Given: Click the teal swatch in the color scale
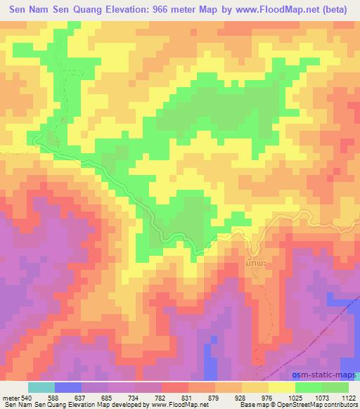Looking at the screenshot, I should point(41,387).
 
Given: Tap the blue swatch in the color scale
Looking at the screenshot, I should point(67,387).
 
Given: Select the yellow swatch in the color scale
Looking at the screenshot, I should point(281,387).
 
